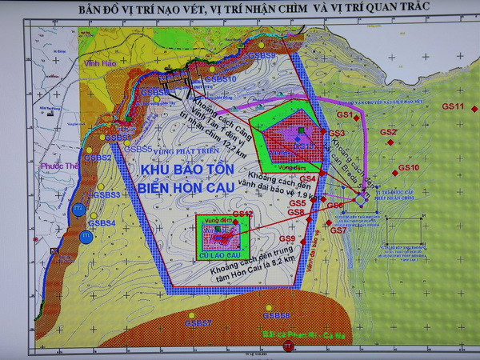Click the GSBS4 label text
coord(102,223)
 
